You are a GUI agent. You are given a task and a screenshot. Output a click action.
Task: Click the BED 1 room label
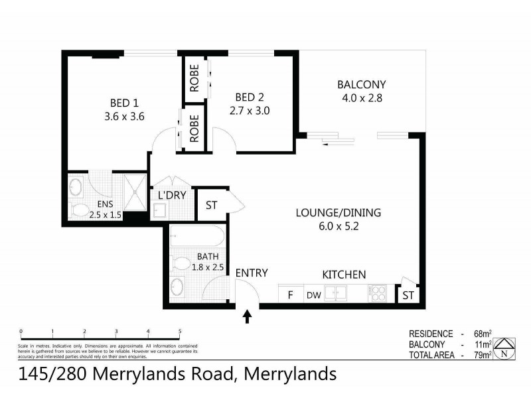(x=124, y=103)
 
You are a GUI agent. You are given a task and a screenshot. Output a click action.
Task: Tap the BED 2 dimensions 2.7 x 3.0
(x=250, y=111)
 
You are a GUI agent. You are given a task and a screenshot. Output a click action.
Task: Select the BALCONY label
(x=361, y=85)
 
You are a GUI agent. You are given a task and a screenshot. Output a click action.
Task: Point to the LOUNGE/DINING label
(x=338, y=213)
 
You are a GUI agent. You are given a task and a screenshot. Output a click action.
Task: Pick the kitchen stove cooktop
(x=380, y=293)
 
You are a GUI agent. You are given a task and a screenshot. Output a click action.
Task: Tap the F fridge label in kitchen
(x=289, y=295)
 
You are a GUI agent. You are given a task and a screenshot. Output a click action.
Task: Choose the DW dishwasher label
(x=313, y=295)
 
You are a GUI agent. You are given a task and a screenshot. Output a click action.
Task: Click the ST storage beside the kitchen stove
(x=406, y=295)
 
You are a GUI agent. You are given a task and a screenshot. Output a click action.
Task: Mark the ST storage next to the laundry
(x=211, y=206)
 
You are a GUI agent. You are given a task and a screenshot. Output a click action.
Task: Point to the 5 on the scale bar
(x=180, y=330)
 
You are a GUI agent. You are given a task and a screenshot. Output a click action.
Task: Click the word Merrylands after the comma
(x=290, y=375)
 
